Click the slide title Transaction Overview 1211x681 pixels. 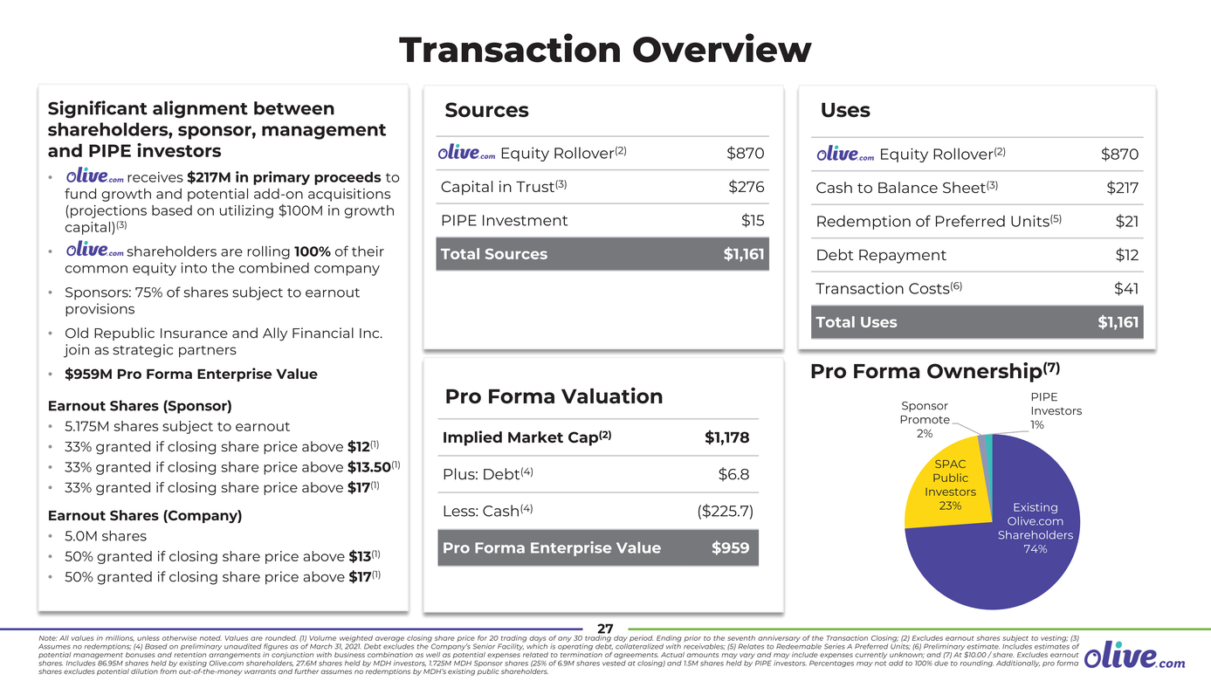point(604,50)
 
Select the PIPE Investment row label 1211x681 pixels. point(504,221)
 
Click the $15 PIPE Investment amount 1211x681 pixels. point(753,221)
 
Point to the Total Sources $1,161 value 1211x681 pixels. point(743,254)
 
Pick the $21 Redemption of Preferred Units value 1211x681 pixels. point(1126,222)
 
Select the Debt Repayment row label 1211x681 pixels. point(880,255)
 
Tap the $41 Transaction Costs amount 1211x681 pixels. point(1125,288)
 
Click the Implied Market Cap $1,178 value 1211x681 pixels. point(726,437)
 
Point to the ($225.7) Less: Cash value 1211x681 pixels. point(725,511)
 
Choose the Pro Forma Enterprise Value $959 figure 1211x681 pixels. point(730,548)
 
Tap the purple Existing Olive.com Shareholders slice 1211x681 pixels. point(1004,559)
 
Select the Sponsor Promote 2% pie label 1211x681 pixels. point(924,419)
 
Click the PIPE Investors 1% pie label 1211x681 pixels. point(1055,411)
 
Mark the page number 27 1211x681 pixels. point(605,629)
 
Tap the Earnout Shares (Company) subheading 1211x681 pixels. point(144,515)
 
